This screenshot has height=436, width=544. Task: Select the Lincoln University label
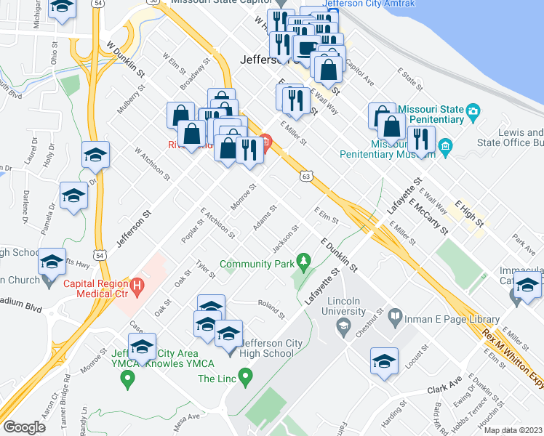pyautogui.click(x=344, y=306)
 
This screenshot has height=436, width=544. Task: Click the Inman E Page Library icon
pyautogui.click(x=394, y=316)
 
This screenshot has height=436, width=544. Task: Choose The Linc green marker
pyautogui.click(x=246, y=377)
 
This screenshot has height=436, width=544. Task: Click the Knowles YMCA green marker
pyautogui.click(x=128, y=378)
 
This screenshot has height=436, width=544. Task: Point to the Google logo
pyautogui.click(x=24, y=427)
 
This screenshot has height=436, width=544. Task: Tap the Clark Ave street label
pyautogui.click(x=445, y=383)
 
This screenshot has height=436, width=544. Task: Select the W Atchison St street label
pyautogui.click(x=152, y=164)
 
